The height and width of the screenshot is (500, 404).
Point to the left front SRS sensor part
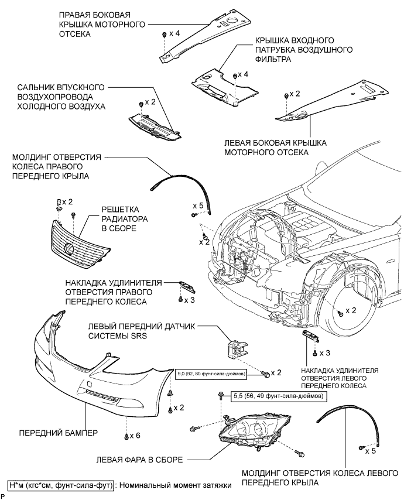237,354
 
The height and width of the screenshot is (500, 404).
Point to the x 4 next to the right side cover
174,33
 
